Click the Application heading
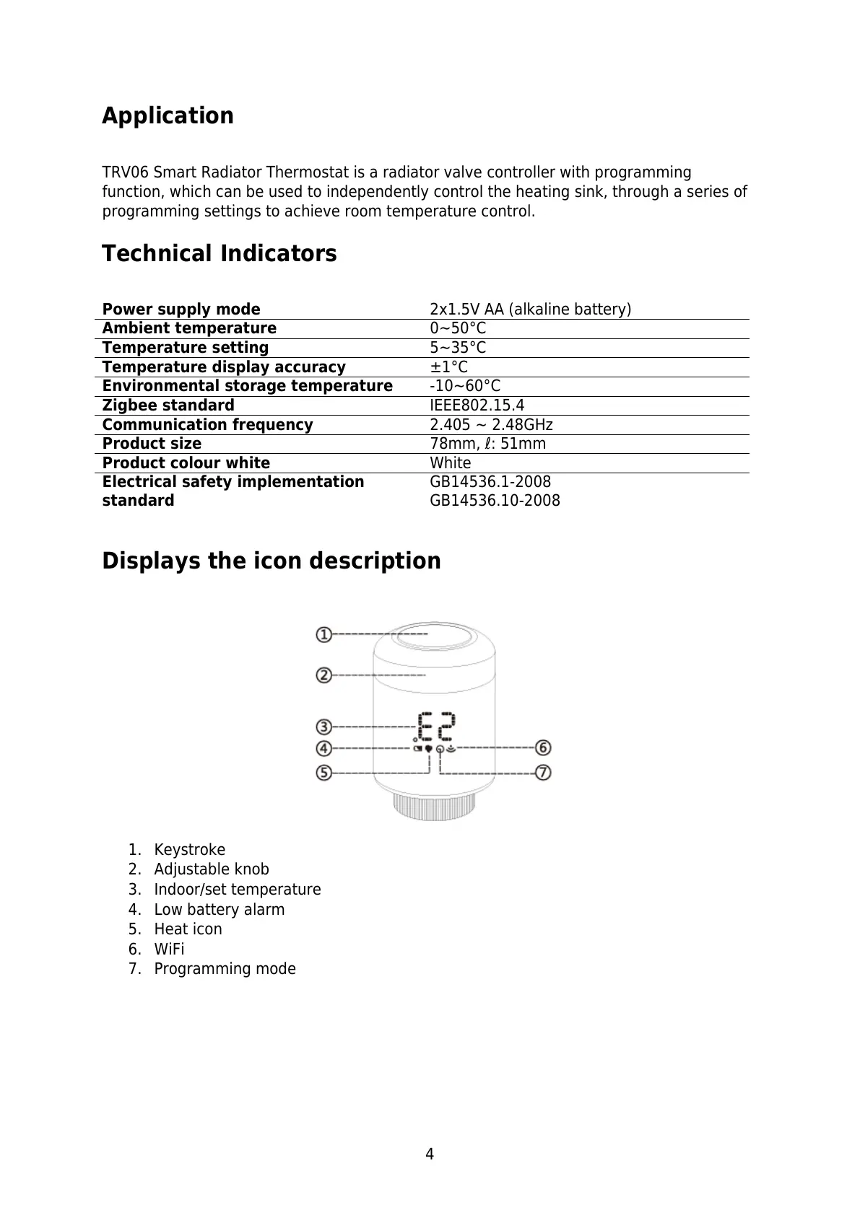(x=168, y=116)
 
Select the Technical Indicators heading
(x=219, y=254)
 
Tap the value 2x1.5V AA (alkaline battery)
(x=530, y=310)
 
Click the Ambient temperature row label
(x=189, y=328)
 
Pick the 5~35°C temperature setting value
(x=458, y=348)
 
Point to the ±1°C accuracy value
(x=448, y=367)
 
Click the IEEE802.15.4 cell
(x=477, y=405)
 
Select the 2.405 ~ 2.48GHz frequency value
(x=491, y=425)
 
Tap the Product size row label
(x=152, y=444)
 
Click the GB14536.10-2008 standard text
(x=495, y=501)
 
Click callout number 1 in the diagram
(x=323, y=635)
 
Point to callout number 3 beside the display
(x=323, y=727)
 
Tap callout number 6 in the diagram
(x=543, y=747)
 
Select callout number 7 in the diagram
(x=543, y=773)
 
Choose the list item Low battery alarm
(x=219, y=910)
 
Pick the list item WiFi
(x=169, y=949)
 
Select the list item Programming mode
(x=225, y=969)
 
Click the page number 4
(x=430, y=1154)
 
